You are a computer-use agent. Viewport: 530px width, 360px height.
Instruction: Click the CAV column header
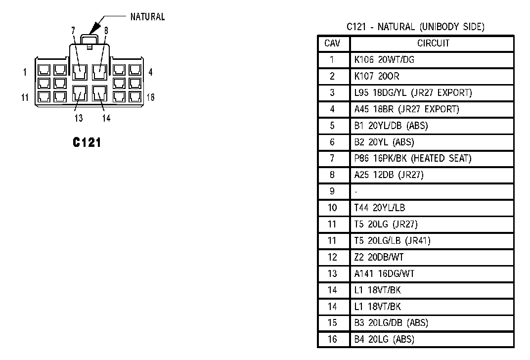(332, 44)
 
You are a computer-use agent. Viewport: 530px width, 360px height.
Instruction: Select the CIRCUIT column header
(433, 44)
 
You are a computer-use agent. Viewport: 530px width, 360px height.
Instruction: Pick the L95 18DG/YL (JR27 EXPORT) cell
(413, 92)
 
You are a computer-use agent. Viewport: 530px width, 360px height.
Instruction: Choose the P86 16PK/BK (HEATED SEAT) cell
(413, 158)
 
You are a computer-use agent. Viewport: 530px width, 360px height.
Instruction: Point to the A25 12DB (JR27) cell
(389, 175)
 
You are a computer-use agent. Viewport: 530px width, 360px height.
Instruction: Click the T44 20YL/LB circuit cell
(379, 208)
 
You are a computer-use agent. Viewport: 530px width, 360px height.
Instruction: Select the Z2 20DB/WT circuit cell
(379, 257)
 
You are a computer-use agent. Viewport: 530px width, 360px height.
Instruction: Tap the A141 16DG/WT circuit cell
(384, 273)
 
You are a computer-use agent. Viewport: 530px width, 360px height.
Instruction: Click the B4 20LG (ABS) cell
(384, 339)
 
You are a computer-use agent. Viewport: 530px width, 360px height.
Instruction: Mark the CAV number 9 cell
(332, 191)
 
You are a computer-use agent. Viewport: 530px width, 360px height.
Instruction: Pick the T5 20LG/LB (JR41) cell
(392, 241)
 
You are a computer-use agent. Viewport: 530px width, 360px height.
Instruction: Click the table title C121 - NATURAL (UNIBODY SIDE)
(415, 27)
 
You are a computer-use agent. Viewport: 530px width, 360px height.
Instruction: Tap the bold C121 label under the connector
(87, 142)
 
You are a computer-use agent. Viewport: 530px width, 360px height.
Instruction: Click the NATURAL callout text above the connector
(147, 17)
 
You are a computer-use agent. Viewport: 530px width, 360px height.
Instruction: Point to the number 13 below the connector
(79, 118)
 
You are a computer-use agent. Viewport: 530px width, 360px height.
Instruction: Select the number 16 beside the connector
(150, 97)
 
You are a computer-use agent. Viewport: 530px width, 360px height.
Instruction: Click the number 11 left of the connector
(25, 97)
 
